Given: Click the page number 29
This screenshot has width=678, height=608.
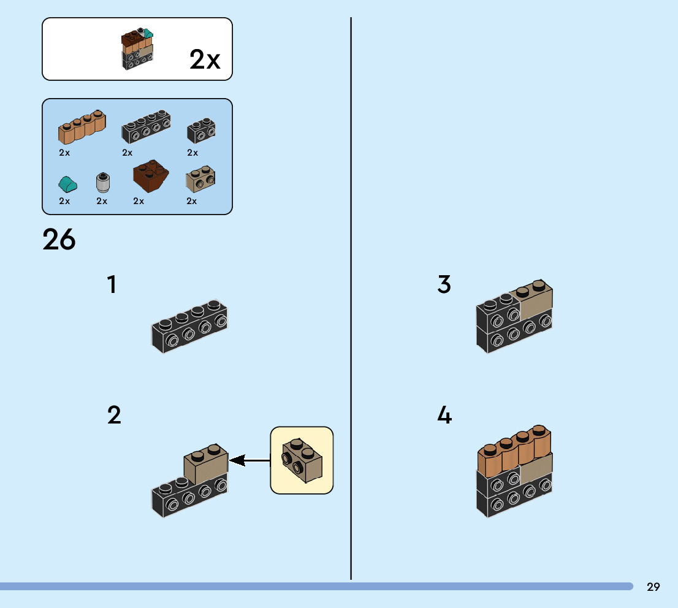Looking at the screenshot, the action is click(x=653, y=587).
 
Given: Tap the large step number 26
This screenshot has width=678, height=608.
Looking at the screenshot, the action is click(x=59, y=240).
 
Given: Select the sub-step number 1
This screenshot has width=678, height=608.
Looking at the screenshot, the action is click(x=112, y=285).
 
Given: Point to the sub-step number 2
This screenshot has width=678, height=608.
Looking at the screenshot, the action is click(x=114, y=416).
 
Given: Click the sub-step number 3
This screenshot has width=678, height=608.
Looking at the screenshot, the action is click(x=444, y=285).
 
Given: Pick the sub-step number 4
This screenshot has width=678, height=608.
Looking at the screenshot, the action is click(x=444, y=416).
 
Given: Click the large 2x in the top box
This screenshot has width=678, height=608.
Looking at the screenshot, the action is click(x=205, y=60).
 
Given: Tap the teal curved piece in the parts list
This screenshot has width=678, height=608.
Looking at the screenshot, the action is click(x=66, y=183).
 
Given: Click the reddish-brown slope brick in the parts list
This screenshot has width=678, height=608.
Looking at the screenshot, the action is click(x=150, y=176).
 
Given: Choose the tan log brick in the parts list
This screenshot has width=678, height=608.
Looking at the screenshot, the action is click(x=82, y=127).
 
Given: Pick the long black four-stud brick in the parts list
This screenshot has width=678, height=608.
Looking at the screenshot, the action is click(x=147, y=127).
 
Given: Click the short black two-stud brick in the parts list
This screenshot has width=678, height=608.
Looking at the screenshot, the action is click(x=201, y=130).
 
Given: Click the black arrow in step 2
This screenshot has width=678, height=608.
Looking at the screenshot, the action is click(x=249, y=460).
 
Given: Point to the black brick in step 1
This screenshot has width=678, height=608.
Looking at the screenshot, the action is click(x=190, y=327).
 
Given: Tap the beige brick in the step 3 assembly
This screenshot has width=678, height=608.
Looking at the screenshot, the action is click(x=536, y=301).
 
